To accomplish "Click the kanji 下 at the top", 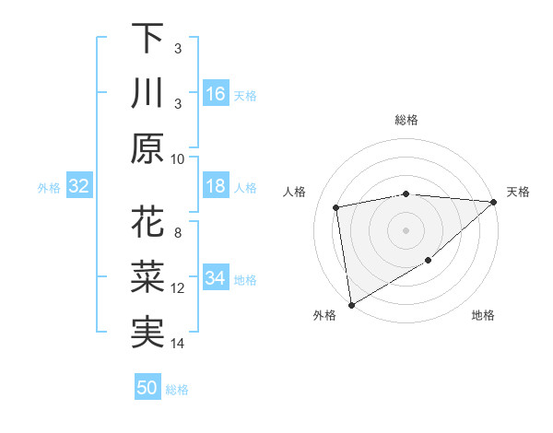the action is click(148, 39).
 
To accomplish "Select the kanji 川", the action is click(148, 94).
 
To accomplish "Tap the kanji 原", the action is click(148, 149).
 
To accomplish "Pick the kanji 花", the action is click(148, 223).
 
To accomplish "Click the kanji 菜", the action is click(148, 278).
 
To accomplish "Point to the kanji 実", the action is click(148, 334).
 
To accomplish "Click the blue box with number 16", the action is click(215, 94).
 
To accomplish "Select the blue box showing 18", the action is click(215, 186).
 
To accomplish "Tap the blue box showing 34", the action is click(215, 278).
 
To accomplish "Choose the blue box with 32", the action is click(78, 186).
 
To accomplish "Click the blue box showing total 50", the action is click(147, 388).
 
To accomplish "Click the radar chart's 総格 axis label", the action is click(406, 120).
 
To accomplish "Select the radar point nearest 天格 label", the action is click(493, 202).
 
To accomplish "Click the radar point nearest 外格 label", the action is click(351, 304).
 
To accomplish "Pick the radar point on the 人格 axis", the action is click(336, 207).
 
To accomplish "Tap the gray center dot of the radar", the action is click(406, 229).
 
